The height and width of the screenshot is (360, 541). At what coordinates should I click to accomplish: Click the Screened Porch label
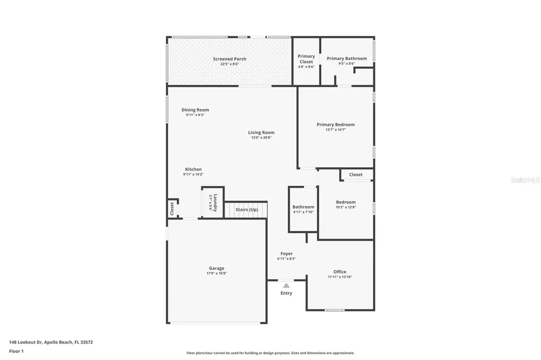click(x=229, y=59)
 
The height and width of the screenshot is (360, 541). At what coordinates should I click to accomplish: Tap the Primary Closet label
click(x=306, y=59)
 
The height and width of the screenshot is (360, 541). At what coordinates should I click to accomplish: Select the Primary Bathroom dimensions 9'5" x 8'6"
click(x=347, y=64)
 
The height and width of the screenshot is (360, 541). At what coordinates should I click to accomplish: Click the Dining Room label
click(x=195, y=110)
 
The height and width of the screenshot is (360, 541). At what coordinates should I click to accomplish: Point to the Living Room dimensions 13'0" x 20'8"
click(x=261, y=138)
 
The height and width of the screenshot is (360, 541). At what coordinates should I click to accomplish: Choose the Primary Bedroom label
click(x=335, y=125)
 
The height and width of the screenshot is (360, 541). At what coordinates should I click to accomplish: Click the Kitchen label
click(x=193, y=169)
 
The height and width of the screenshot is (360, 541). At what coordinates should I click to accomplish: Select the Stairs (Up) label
click(x=247, y=210)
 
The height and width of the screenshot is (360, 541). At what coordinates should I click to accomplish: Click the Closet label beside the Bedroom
click(x=356, y=175)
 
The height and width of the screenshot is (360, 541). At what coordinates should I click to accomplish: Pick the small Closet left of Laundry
click(x=172, y=209)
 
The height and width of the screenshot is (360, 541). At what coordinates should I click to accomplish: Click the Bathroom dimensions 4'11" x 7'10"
click(x=303, y=212)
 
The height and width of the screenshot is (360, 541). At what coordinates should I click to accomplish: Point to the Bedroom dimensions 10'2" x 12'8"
click(x=346, y=207)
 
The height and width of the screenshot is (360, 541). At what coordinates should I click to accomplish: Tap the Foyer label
click(x=286, y=253)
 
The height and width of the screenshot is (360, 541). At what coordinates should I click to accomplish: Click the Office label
click(x=340, y=272)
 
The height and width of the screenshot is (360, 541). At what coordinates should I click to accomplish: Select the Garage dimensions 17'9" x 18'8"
click(x=216, y=273)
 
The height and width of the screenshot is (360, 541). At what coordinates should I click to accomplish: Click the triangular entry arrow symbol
click(x=286, y=285)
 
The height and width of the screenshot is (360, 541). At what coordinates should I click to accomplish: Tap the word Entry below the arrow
click(x=286, y=293)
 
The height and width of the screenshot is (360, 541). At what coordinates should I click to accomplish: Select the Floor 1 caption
click(x=16, y=351)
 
